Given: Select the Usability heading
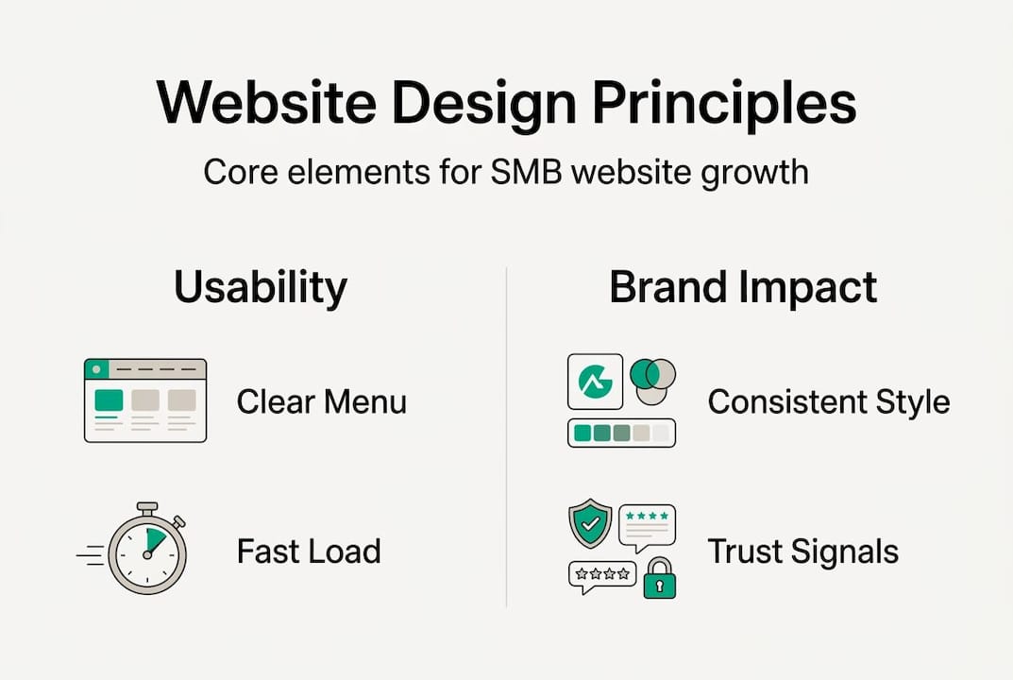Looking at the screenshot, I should [x=261, y=288].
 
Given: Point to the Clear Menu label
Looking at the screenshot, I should [x=321, y=401].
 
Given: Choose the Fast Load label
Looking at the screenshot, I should [x=309, y=551].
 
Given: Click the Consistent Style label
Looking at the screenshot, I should [x=828, y=401].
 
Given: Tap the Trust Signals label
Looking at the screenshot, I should [x=802, y=551].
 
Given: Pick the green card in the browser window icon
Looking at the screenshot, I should [x=109, y=399].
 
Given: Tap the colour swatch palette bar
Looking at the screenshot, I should [x=621, y=433].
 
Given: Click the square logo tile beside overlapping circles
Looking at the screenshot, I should [x=595, y=381].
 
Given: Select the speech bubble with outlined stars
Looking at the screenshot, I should [x=601, y=576].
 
